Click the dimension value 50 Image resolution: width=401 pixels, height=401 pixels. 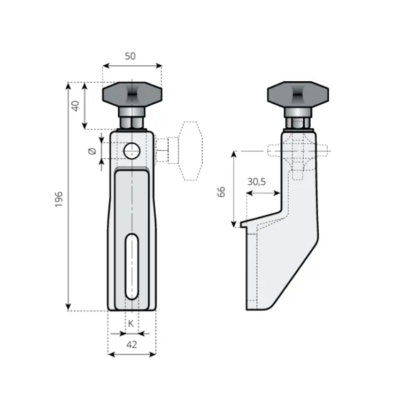(x=130, y=56)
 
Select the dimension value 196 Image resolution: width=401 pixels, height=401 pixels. (x=59, y=199)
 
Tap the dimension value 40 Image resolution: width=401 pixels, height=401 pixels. (x=75, y=106)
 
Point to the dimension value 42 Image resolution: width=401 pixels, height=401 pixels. (x=132, y=345)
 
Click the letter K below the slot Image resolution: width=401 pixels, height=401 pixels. (x=130, y=323)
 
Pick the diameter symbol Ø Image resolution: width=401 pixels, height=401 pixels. (x=92, y=151)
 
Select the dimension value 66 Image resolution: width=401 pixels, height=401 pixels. (x=221, y=192)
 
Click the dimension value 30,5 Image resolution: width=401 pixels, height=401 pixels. (x=256, y=182)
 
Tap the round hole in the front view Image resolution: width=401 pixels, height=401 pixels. (x=132, y=151)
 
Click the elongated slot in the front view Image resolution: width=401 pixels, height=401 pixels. (x=132, y=266)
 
